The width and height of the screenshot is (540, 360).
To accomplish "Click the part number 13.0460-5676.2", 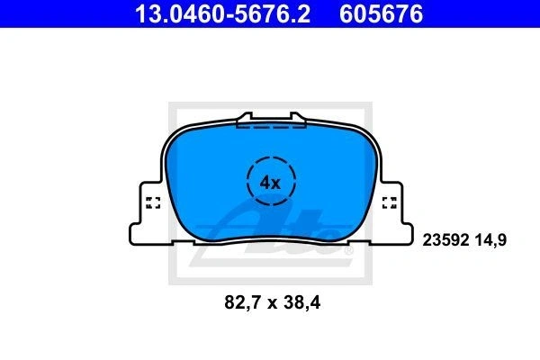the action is pos(222,13).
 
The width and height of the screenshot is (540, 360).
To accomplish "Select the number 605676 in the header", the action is pos(381,13).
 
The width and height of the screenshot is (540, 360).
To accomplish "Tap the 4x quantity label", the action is pos(270,183).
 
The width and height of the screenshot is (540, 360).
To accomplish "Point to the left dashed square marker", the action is pos(153,202).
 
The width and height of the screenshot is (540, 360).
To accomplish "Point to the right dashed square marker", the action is pos(390,202).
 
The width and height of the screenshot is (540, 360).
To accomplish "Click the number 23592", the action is pos(446,239).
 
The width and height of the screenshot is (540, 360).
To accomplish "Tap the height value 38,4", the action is pos(302,303).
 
